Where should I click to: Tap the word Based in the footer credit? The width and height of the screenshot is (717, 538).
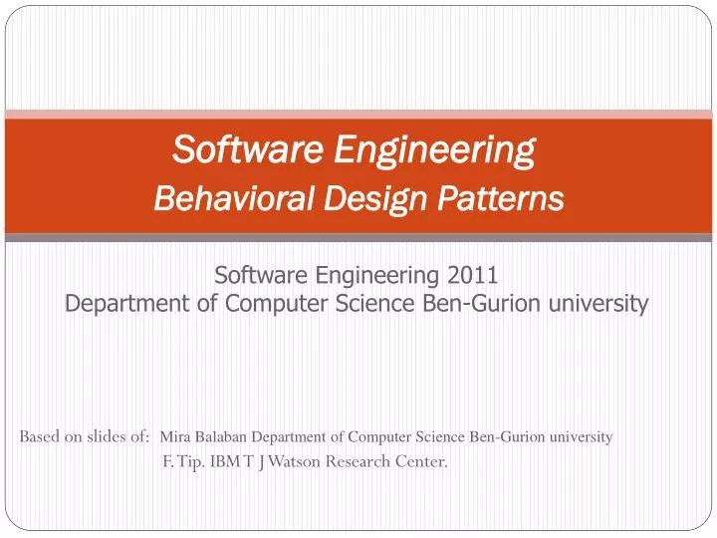(39, 436)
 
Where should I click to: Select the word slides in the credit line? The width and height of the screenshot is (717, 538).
(105, 436)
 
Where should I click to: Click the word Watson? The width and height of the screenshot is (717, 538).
(296, 460)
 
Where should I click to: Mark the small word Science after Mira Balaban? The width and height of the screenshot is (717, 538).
(441, 436)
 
